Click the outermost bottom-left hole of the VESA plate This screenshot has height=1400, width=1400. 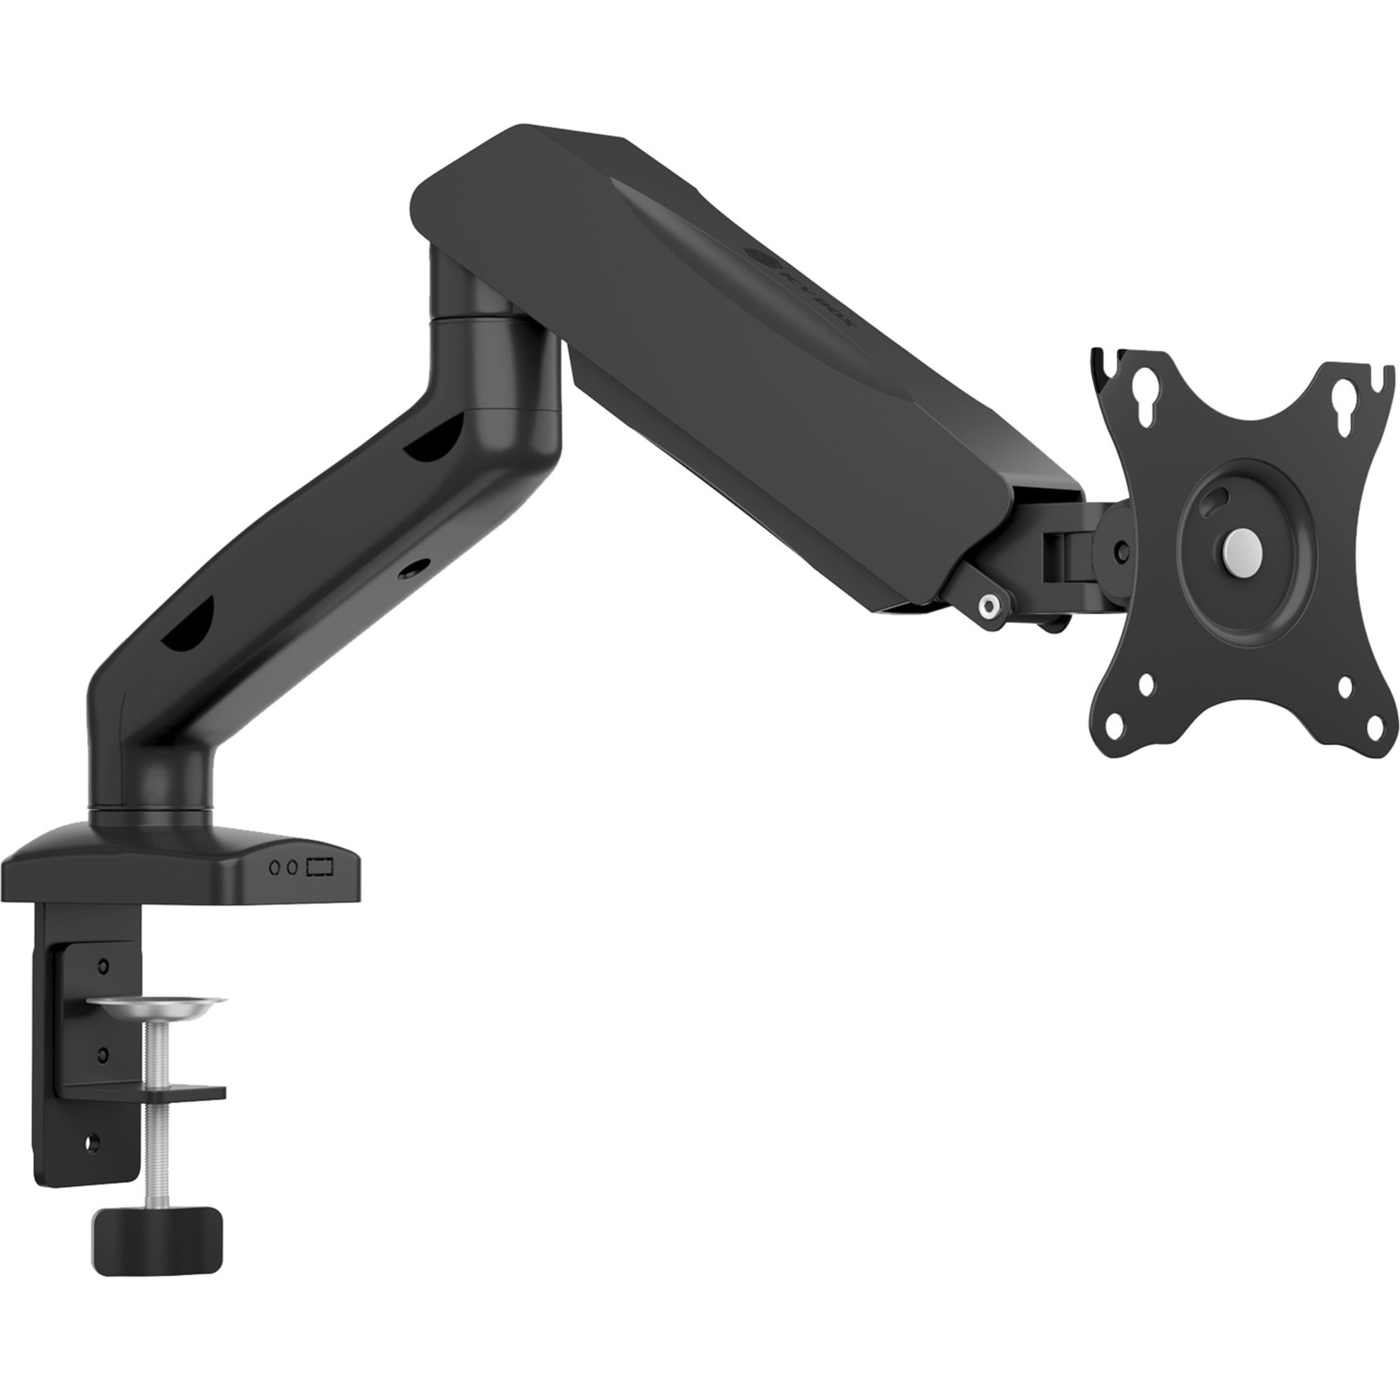1115,724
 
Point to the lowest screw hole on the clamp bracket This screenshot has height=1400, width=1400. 93,1142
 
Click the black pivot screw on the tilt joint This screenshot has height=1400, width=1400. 1120,551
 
